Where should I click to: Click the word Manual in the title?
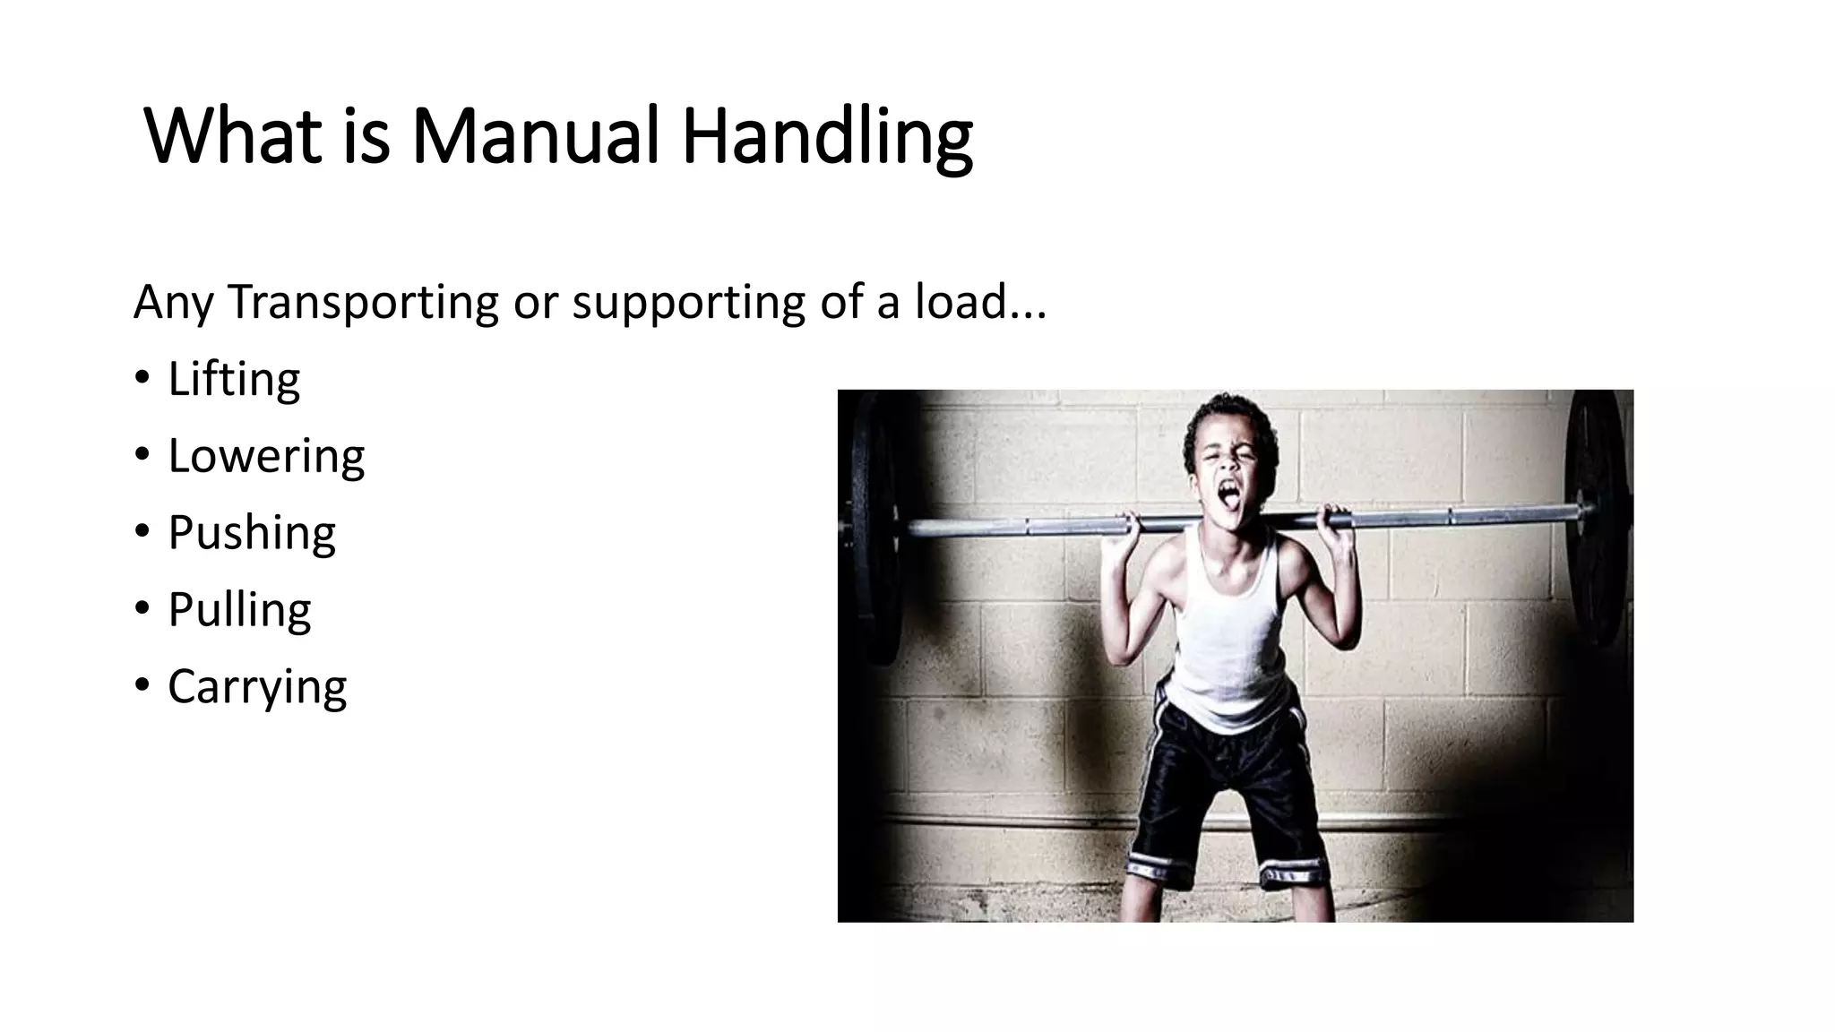tap(535, 136)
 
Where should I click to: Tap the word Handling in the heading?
tap(826, 136)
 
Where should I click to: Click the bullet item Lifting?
tap(233, 379)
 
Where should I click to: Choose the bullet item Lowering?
tap(266, 456)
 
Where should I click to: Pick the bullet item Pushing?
tap(251, 533)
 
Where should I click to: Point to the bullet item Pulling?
tap(239, 610)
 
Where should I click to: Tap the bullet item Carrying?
tap(257, 687)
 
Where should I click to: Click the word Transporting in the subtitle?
tap(363, 302)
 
